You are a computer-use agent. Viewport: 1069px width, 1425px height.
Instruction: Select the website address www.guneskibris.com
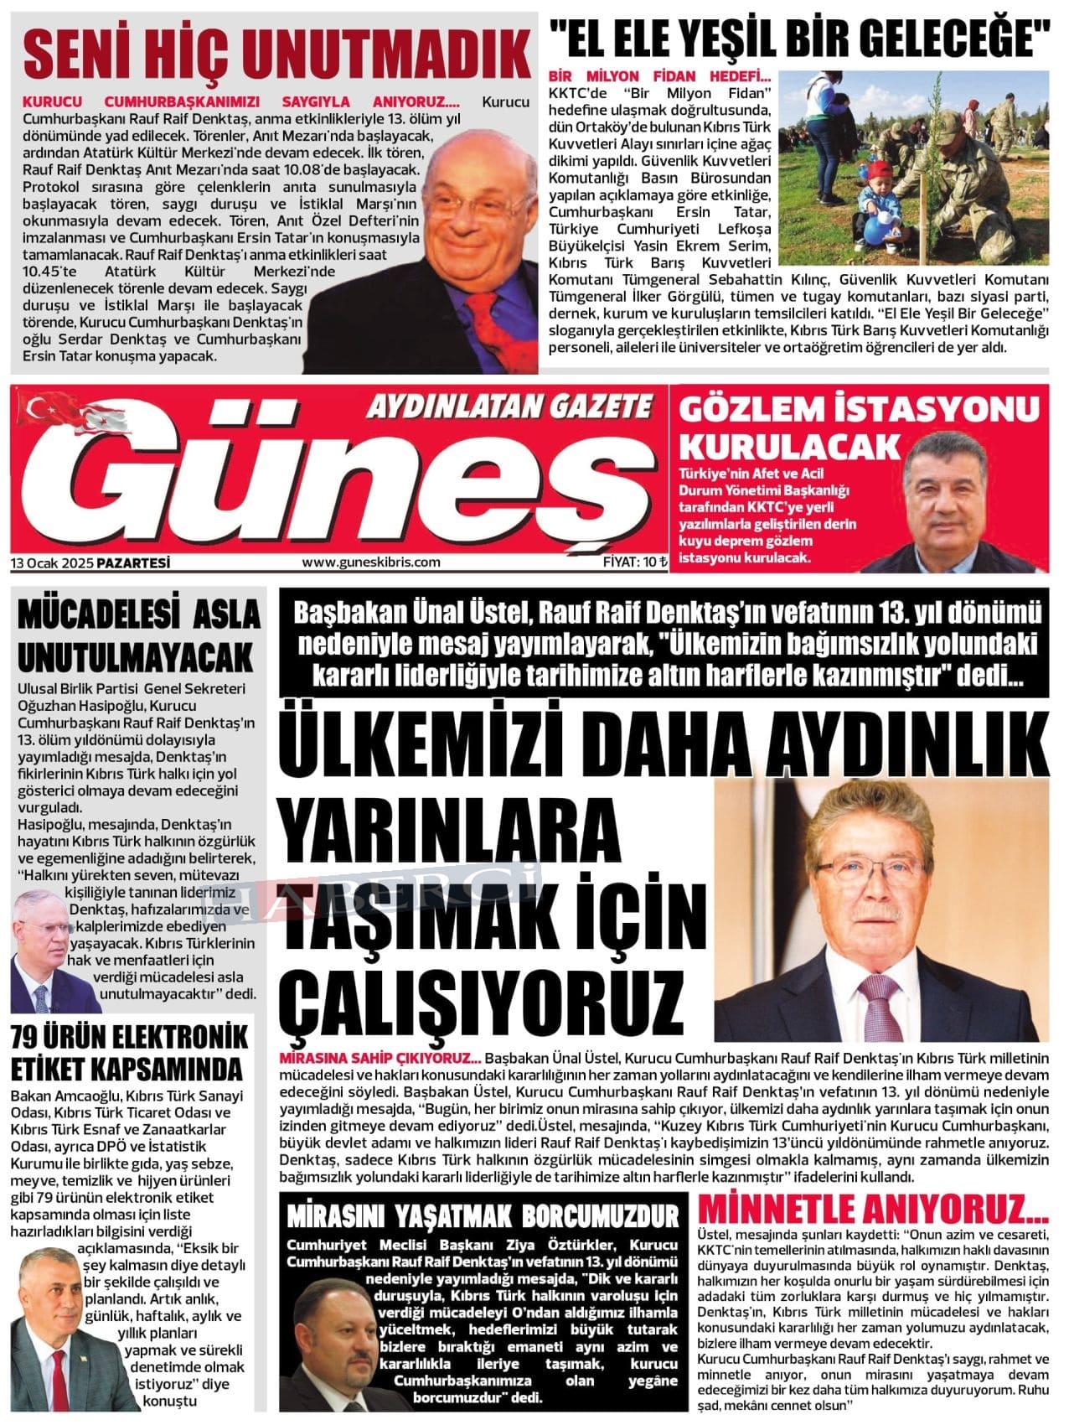pyautogui.click(x=370, y=562)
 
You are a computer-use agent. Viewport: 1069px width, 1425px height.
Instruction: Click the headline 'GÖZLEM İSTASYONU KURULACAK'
pyautogui.click(x=859, y=427)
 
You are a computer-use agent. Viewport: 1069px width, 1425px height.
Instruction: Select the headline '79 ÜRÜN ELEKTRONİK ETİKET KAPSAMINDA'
pyautogui.click(x=129, y=1053)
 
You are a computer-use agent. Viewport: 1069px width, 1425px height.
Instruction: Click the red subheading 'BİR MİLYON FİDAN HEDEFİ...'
pyautogui.click(x=660, y=75)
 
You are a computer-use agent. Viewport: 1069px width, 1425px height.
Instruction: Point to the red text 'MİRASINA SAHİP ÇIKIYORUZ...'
pyautogui.click(x=382, y=1058)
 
